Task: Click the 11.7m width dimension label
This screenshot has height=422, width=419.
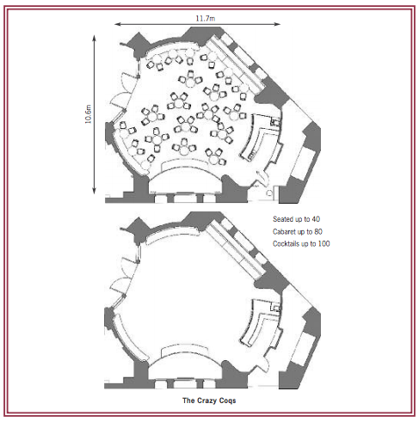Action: click(206, 18)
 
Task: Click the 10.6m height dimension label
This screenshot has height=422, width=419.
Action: click(88, 114)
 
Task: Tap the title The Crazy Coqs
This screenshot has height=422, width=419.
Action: click(209, 401)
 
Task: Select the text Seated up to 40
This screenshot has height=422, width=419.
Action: click(296, 219)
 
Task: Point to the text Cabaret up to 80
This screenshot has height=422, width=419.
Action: click(298, 231)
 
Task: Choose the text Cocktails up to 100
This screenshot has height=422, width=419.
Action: click(301, 243)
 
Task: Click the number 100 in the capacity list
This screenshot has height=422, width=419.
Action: click(323, 243)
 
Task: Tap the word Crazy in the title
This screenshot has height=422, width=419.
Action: click(206, 401)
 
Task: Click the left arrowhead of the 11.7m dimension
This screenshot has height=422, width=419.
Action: click(117, 24)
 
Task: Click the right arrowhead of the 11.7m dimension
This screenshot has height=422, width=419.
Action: click(278, 24)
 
